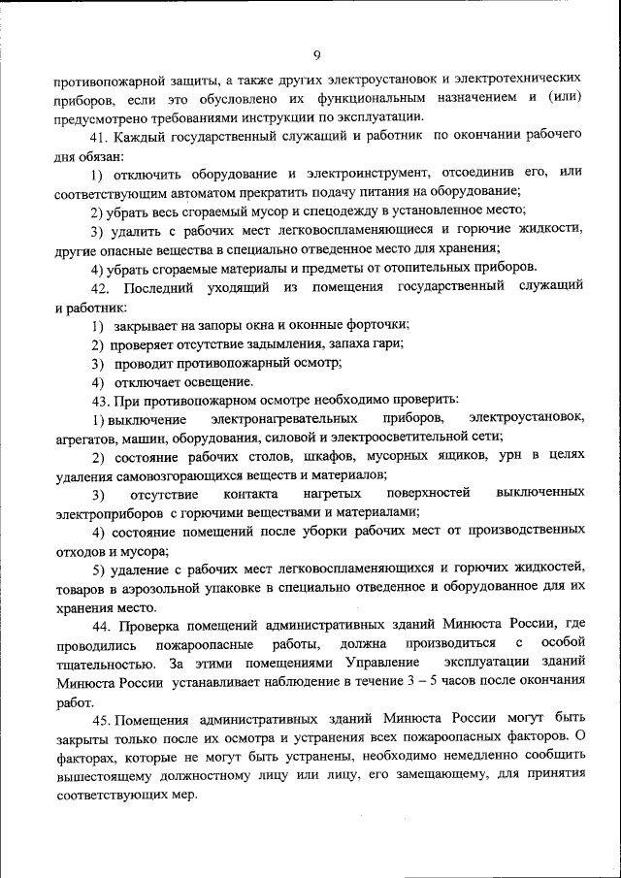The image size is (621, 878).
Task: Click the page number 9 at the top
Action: click(x=316, y=53)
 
